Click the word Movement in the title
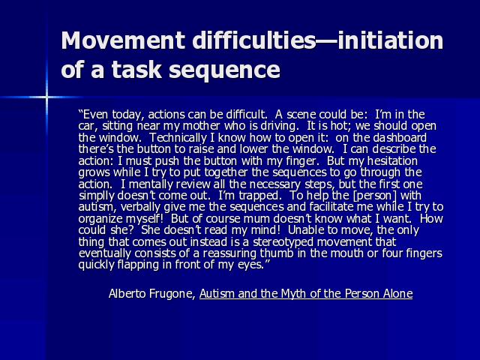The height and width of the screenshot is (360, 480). [x=123, y=40]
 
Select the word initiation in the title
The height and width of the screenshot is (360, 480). [x=390, y=40]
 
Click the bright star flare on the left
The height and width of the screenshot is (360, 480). [x=46, y=97]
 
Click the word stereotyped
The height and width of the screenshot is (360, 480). [x=283, y=242]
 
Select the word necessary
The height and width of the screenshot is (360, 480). [x=274, y=184]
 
